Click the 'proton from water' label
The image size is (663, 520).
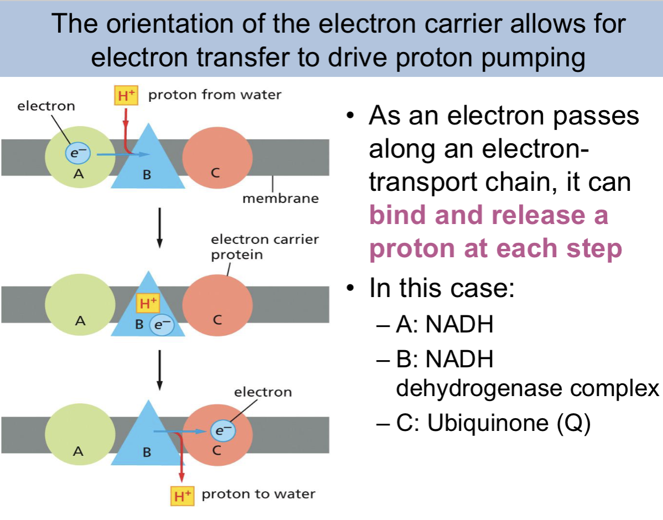pos(215,95)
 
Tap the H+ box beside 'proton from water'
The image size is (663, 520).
pos(125,96)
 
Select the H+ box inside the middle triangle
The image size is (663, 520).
pos(147,303)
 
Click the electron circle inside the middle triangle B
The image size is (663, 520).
pos(162,325)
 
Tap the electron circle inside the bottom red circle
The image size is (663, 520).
pos(222,430)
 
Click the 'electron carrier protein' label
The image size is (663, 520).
pos(265,247)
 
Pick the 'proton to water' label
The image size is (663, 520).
pos(258,494)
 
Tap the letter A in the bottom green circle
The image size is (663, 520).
pos(79,451)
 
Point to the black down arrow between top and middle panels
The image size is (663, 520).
pos(160,226)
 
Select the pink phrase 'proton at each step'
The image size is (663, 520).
pos(495,249)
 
